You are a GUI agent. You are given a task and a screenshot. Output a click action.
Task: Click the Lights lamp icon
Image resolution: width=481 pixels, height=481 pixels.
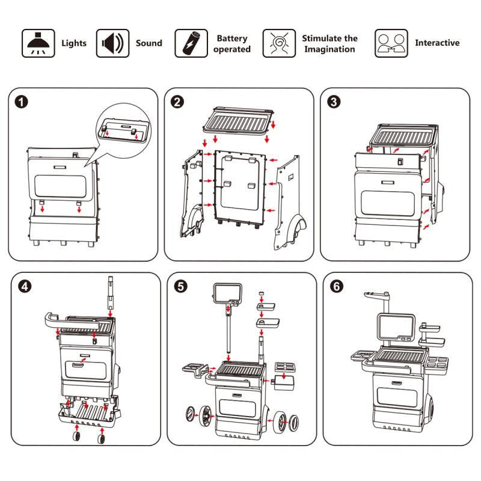click(x=37, y=43)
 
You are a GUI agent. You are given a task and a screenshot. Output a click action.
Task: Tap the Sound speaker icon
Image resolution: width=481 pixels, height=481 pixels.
click(x=112, y=43)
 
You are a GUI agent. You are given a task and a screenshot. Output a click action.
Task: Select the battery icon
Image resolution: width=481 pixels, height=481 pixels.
click(x=191, y=43)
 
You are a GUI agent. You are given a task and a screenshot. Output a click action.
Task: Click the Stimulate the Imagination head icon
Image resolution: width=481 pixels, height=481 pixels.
click(x=279, y=43)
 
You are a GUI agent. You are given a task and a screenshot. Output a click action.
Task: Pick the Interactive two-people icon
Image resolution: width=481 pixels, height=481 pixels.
click(x=391, y=43)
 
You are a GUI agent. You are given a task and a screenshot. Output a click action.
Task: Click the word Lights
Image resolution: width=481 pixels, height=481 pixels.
click(x=74, y=43)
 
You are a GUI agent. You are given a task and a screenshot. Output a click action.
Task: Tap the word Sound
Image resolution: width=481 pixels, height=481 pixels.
click(x=149, y=43)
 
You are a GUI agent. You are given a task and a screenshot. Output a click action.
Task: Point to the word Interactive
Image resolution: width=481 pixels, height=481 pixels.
click(x=437, y=43)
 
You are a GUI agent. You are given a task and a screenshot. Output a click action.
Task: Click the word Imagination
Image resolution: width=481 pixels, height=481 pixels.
click(x=329, y=49)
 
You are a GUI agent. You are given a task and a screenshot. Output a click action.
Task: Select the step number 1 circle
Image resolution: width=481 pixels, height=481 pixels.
click(x=22, y=102)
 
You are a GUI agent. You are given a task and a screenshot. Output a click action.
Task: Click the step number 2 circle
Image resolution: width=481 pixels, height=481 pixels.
click(x=177, y=102)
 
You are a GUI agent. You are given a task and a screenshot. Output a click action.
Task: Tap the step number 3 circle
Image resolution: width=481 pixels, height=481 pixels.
click(x=333, y=102)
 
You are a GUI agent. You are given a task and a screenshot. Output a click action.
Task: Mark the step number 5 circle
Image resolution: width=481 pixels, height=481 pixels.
click(x=180, y=286)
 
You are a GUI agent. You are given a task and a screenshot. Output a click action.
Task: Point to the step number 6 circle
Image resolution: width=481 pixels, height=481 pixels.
click(x=336, y=286)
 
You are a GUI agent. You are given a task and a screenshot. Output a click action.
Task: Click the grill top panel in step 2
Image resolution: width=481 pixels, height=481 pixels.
click(x=237, y=123)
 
